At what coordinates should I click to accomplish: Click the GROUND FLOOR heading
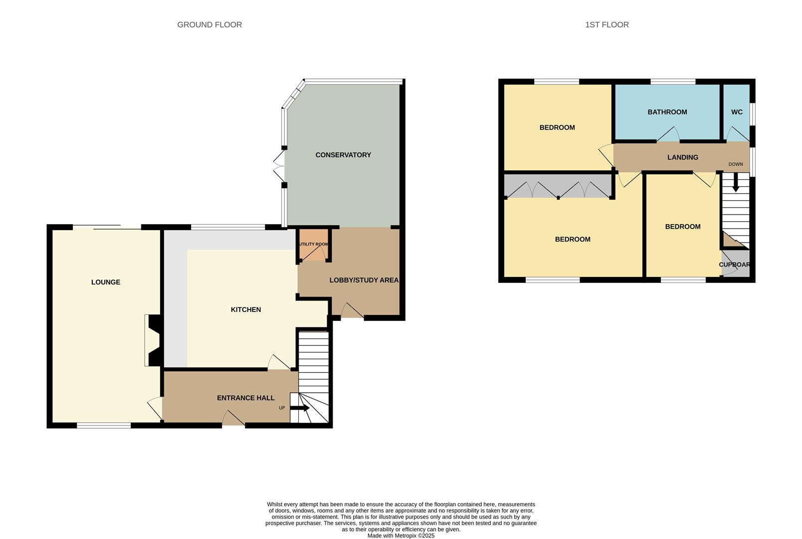[209, 24]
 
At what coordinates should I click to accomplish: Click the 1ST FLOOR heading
[606, 24]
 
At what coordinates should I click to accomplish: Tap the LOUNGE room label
[106, 282]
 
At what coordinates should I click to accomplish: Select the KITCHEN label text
[245, 309]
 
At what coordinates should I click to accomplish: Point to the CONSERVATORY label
[343, 155]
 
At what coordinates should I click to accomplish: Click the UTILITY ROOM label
[314, 244]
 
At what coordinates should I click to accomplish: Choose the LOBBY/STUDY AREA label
[364, 280]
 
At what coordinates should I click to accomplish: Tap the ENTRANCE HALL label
[245, 398]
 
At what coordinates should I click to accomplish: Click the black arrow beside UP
[300, 408]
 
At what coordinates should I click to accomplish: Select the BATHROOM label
[667, 112]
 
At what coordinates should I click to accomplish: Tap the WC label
[737, 112]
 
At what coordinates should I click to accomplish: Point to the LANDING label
[682, 157]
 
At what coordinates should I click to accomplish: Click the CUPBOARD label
[735, 265]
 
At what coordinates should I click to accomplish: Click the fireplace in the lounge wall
[153, 340]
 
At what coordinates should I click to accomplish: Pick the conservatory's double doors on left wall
[279, 166]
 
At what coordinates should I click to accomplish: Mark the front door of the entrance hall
[233, 419]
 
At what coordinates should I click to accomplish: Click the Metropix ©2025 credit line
[401, 536]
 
